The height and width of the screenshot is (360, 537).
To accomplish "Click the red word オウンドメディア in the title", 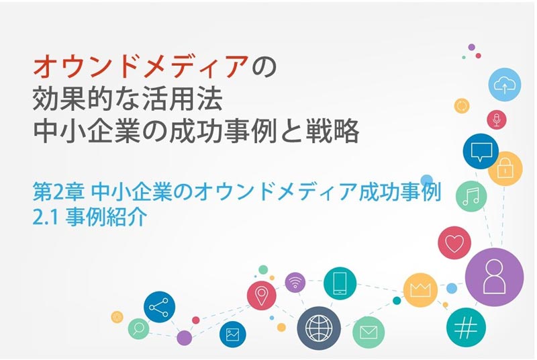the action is [x=141, y=66].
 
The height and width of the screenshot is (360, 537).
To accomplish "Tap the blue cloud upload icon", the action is [x=504, y=85].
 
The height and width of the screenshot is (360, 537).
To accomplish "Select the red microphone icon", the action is [x=497, y=120].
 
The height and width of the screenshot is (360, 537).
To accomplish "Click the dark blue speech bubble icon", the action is [x=481, y=151].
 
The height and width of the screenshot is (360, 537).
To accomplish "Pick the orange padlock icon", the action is [x=505, y=169].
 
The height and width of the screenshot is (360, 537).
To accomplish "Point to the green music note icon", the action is [x=471, y=196].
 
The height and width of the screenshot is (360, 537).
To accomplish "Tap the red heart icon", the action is [x=454, y=242].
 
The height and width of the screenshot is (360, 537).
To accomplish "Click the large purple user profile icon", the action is [x=494, y=277].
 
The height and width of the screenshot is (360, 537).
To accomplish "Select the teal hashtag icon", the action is [x=466, y=327].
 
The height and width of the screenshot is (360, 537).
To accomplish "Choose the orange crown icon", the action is [x=420, y=290].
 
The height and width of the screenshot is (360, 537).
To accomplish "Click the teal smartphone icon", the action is [x=340, y=283].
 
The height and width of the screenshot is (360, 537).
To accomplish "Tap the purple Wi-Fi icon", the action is [x=295, y=283].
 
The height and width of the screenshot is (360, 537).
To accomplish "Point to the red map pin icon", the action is [x=262, y=296].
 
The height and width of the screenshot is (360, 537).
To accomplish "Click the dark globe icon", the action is [x=319, y=328].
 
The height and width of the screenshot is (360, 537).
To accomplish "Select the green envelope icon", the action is [x=369, y=332].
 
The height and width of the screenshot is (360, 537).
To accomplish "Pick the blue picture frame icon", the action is [x=232, y=334].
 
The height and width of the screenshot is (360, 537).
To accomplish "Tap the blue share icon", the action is [x=159, y=307].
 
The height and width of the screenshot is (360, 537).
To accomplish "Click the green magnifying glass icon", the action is [x=138, y=329].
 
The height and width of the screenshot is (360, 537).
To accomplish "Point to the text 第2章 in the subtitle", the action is [x=58, y=193].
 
